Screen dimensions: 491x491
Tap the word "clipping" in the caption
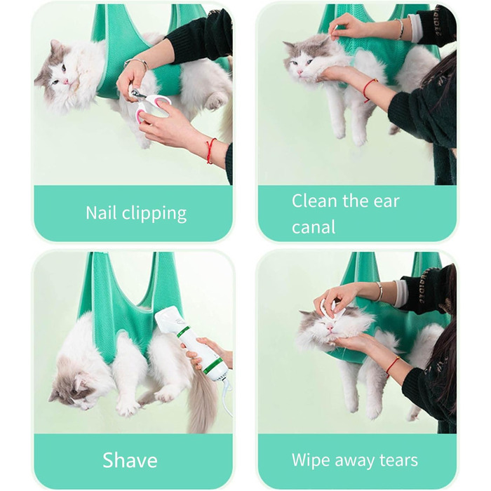(x=154, y=215)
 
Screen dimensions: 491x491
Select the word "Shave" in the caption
(x=130, y=460)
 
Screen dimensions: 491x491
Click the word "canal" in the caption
(x=314, y=227)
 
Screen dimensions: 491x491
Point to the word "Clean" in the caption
(x=315, y=201)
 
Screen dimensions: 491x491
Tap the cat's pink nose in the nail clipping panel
(x=65, y=81)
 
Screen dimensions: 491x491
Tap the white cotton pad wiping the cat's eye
(x=329, y=309)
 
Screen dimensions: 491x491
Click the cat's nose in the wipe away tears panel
(x=330, y=328)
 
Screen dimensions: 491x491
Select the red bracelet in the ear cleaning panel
(x=370, y=90)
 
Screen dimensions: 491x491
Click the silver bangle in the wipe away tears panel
(x=379, y=291)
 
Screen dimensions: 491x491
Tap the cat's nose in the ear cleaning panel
(x=300, y=72)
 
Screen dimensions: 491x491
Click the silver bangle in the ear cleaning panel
(x=400, y=29)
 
